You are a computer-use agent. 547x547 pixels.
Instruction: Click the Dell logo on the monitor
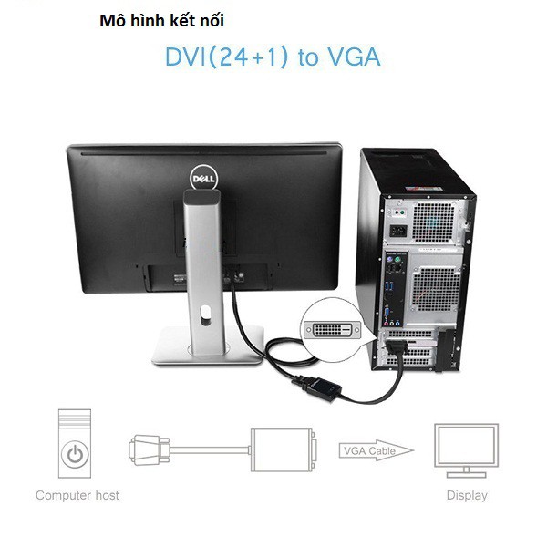203,179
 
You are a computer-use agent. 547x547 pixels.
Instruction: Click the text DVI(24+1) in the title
227,57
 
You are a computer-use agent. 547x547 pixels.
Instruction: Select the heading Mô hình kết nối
162,21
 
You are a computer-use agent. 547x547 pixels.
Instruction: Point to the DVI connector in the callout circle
332,329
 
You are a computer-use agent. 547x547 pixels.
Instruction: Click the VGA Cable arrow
376,450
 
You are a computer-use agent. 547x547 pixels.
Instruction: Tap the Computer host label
77,495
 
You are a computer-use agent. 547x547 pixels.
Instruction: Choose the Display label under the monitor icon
467,495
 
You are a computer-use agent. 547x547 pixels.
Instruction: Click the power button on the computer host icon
75,455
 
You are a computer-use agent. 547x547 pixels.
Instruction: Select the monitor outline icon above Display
466,450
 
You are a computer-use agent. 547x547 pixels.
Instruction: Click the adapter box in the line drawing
282,450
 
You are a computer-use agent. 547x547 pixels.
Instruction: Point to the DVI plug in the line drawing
150,450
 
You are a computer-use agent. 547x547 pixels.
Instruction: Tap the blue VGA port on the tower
387,313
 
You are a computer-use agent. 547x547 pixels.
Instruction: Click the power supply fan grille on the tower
434,222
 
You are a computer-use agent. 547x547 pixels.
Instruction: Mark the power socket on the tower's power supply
398,231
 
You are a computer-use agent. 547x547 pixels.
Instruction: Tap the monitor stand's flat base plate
208,346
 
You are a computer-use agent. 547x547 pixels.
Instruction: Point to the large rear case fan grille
437,289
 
